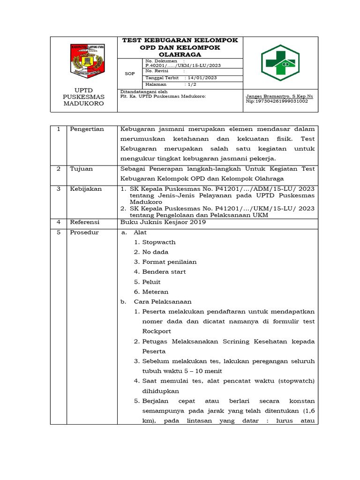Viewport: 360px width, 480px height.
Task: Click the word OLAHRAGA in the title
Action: click(180, 54)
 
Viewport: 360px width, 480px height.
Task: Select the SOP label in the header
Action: click(129, 74)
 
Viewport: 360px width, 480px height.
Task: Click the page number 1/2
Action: click(193, 84)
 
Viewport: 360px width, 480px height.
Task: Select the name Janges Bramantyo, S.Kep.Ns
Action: click(279, 96)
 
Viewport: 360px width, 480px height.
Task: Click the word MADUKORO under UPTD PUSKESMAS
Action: click(83, 104)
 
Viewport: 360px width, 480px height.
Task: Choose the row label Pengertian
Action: click(87, 129)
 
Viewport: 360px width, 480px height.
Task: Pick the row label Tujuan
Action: click(82, 169)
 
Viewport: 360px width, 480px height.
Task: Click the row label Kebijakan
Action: click(86, 188)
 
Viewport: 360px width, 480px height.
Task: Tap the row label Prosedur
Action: click(84, 232)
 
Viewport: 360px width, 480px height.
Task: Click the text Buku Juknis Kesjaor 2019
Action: click(163, 222)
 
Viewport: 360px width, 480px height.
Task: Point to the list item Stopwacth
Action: click(159, 242)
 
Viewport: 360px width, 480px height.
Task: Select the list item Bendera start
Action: click(164, 272)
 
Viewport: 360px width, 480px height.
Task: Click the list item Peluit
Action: click(151, 282)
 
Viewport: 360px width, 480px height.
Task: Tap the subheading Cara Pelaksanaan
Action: click(163, 301)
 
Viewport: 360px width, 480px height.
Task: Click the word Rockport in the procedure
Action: click(157, 331)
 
